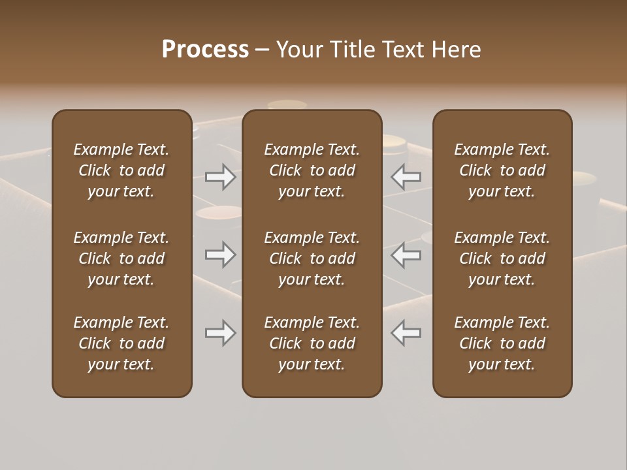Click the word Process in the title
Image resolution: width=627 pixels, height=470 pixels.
point(205,50)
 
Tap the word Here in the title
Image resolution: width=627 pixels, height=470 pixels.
point(457,50)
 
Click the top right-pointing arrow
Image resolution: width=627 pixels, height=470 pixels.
point(221,177)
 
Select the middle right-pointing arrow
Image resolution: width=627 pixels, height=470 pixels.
point(221,255)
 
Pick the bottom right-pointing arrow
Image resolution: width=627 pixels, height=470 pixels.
point(221,333)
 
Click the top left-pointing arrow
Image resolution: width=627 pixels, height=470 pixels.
point(406,177)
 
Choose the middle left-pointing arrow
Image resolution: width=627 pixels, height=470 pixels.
point(406,255)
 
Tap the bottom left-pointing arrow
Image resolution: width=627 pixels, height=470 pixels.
point(406,333)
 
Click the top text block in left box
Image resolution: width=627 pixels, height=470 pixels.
point(121,170)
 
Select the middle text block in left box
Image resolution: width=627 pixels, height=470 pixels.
point(121,258)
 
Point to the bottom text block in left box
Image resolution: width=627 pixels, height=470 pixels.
point(121,343)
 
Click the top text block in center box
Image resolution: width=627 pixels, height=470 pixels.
point(312,170)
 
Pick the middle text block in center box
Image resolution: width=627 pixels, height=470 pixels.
point(312,258)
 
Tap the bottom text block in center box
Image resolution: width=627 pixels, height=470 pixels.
point(312,343)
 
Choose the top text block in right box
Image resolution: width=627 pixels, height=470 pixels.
point(502,170)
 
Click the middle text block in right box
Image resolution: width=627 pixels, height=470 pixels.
point(502,258)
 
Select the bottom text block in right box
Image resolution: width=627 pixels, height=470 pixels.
point(502,343)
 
